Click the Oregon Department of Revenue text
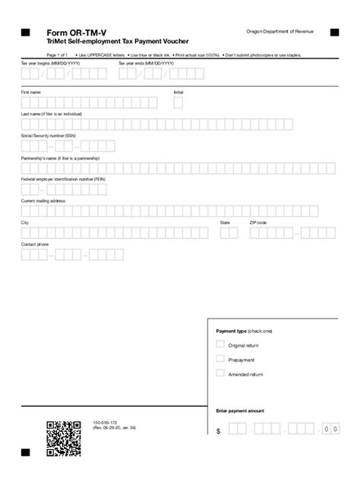278,31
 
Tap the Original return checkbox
220,344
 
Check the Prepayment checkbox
220,358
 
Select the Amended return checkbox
220,373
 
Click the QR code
64,439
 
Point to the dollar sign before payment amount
218,431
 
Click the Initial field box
178,102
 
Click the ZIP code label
258,222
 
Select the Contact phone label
34,244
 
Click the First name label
30,92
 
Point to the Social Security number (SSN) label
49,136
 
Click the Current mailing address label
43,200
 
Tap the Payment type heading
244,331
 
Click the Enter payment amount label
240,410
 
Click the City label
25,222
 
